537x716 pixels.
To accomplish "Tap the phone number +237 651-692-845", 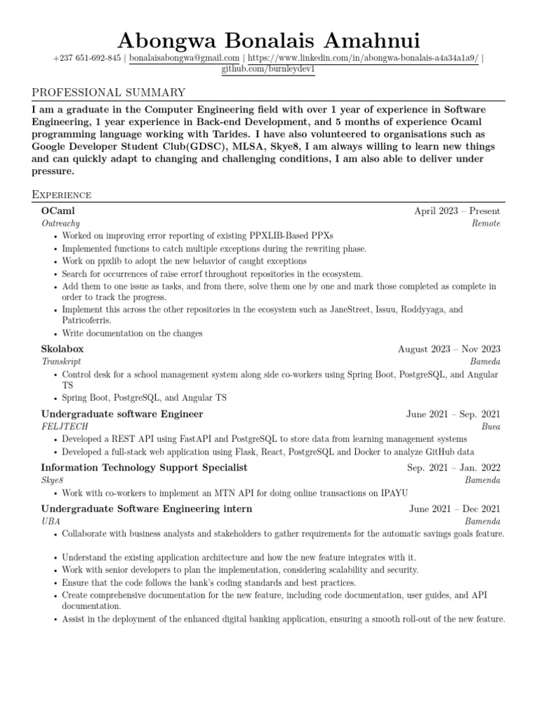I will pos(87,59).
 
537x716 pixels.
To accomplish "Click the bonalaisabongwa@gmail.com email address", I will pos(185,59).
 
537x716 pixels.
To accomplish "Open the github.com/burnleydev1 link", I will pos(268,70).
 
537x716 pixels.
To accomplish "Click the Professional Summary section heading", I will pos(109,92).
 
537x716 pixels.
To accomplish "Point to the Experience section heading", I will pos(62,194).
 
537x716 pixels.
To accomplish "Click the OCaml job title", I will pos(58,210).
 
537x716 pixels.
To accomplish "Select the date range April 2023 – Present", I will pos(457,210).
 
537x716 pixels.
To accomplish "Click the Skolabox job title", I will pos(62,348).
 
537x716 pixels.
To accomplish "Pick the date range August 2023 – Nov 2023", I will pos(449,349).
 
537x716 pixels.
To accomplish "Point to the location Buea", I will pos(491,426).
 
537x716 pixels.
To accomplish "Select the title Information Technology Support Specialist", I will pos(144,467).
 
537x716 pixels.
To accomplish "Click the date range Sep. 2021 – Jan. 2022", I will pos(454,468).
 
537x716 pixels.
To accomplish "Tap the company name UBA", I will pos(50,521).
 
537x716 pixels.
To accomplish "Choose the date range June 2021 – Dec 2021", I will pos(454,508).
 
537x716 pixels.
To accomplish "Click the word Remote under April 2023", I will pos(486,223).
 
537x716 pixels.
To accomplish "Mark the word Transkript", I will pos(62,361).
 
